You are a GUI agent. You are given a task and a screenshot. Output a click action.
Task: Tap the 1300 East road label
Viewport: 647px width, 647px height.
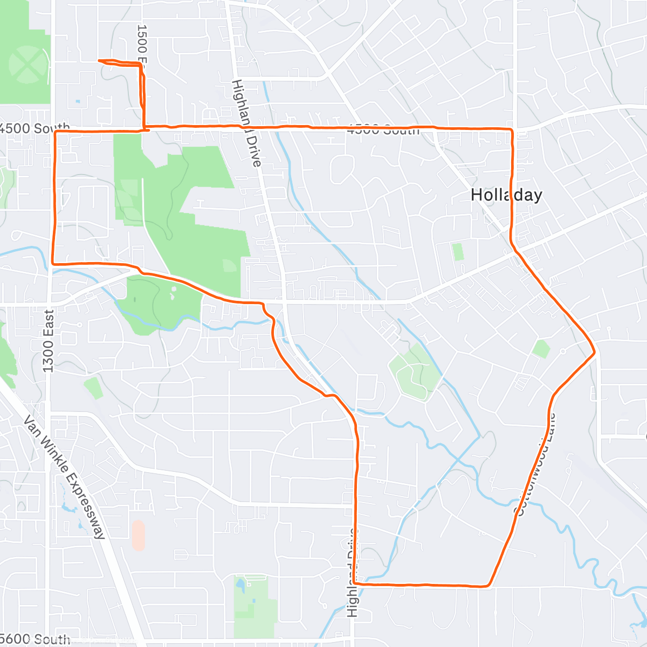(49, 341)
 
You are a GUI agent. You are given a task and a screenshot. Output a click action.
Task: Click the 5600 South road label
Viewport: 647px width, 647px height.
(35, 639)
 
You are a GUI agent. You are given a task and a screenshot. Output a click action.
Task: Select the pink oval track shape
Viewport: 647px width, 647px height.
(138, 535)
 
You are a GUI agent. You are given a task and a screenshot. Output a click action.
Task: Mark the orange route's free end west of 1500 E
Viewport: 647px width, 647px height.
(99, 60)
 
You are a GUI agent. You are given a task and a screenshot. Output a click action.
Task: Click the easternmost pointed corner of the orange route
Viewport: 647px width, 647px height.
(595, 353)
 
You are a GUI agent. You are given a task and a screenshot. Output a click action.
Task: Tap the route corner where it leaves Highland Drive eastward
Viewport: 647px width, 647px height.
(355, 583)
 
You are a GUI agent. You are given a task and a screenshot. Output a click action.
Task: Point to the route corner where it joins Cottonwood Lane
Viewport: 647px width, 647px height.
(488, 585)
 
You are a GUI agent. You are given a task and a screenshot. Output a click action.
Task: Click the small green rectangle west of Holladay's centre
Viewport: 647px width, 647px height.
(458, 252)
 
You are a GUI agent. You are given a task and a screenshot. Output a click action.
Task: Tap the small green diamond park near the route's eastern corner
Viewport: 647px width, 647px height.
(540, 348)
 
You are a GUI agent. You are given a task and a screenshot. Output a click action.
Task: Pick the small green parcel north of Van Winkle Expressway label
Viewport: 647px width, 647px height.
(93, 387)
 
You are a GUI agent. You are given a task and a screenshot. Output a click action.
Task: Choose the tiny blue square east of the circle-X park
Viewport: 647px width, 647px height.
(78, 101)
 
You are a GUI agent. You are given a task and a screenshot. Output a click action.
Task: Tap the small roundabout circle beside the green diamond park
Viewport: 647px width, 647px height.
(562, 351)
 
